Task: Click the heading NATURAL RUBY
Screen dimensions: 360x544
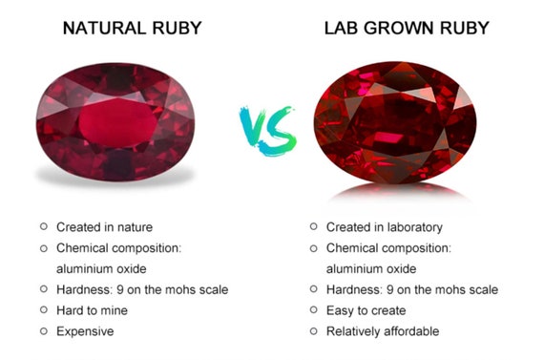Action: click(x=133, y=28)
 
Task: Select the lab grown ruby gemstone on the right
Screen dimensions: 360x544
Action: click(x=395, y=120)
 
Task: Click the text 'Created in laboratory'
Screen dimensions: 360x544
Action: click(x=384, y=227)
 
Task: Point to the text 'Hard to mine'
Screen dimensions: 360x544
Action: click(x=92, y=310)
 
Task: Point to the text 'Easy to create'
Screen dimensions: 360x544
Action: click(x=366, y=310)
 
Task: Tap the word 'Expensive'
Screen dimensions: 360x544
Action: click(x=85, y=331)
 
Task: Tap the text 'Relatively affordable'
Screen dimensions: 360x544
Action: click(x=383, y=331)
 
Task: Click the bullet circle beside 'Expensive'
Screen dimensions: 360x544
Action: click(x=43, y=330)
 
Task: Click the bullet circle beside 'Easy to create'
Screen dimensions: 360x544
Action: click(x=313, y=309)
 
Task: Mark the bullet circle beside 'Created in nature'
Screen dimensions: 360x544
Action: click(x=43, y=226)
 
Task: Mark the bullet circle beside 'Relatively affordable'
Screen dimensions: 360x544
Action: click(x=313, y=330)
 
